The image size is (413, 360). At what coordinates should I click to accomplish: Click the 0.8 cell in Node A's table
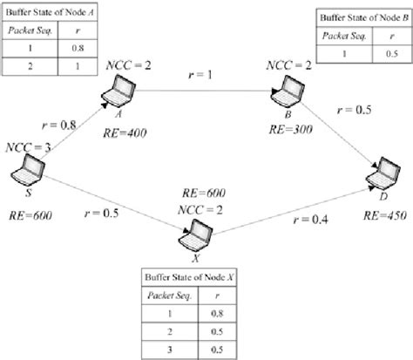[77, 50]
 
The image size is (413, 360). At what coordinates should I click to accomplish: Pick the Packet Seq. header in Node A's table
[30, 31]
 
